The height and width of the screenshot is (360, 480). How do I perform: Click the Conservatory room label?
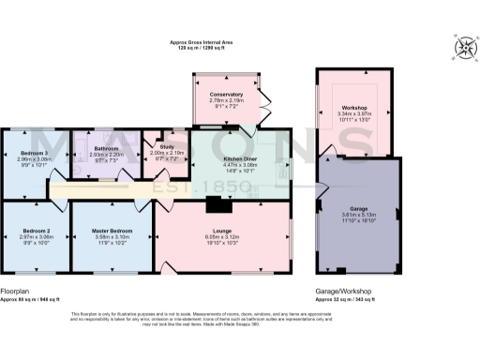tap(226, 95)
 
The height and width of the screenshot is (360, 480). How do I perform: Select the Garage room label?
tap(358, 207)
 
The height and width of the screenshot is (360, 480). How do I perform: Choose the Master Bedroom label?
tap(111, 231)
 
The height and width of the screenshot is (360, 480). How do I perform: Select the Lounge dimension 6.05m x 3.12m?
tap(222, 236)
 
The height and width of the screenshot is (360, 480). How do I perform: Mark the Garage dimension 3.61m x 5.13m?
tap(358, 214)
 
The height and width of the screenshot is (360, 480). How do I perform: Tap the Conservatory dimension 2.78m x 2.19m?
tap(226, 100)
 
